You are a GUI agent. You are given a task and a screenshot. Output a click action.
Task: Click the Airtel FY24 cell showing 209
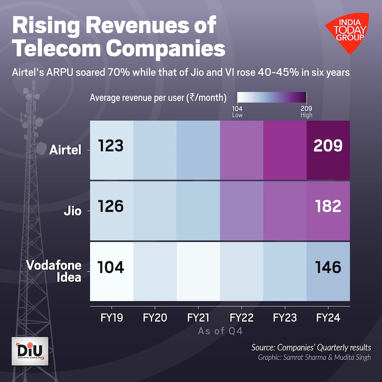click(x=328, y=146)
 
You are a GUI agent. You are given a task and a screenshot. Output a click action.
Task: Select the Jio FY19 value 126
click(x=111, y=207)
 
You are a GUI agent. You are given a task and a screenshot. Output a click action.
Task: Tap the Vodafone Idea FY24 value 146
click(x=328, y=267)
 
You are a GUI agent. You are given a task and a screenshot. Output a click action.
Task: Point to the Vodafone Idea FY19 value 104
click(x=111, y=267)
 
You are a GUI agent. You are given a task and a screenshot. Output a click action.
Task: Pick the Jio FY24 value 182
click(x=328, y=207)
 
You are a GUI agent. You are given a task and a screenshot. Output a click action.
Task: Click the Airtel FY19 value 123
click(x=111, y=146)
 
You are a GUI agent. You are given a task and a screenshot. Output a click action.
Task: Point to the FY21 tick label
click(x=199, y=318)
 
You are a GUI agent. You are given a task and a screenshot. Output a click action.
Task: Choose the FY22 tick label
click(x=242, y=318)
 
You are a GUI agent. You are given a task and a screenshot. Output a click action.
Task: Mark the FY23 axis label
click(x=285, y=318)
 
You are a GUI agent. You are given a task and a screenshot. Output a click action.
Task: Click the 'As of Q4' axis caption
click(x=220, y=331)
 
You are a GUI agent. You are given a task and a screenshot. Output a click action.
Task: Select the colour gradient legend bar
click(x=271, y=98)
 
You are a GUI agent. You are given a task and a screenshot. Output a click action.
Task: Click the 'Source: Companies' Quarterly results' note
click(x=311, y=347)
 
